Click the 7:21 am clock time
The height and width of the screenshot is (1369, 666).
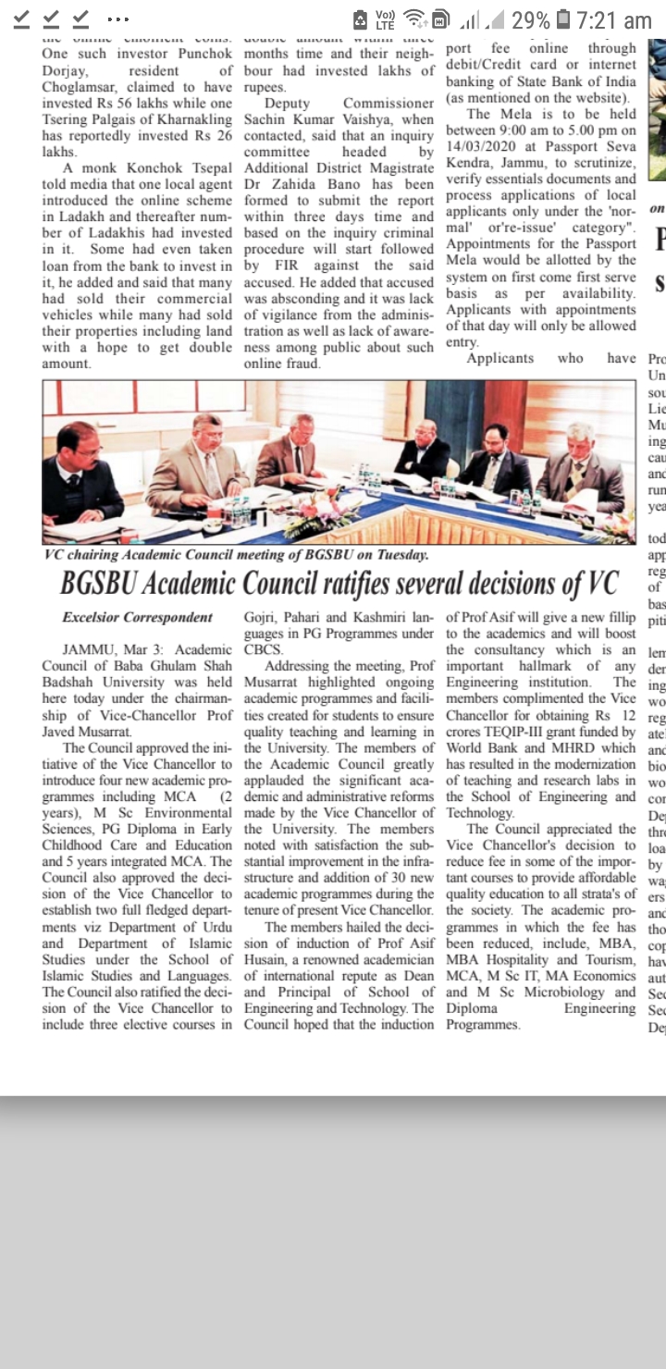[x=613, y=19]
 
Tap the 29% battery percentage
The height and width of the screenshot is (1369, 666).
[x=530, y=19]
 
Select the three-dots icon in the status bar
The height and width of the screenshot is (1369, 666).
[x=117, y=19]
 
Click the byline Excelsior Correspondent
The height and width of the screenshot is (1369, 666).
[x=137, y=617]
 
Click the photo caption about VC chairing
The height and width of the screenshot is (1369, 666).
[x=237, y=555]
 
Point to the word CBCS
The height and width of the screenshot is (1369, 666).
[x=265, y=648]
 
